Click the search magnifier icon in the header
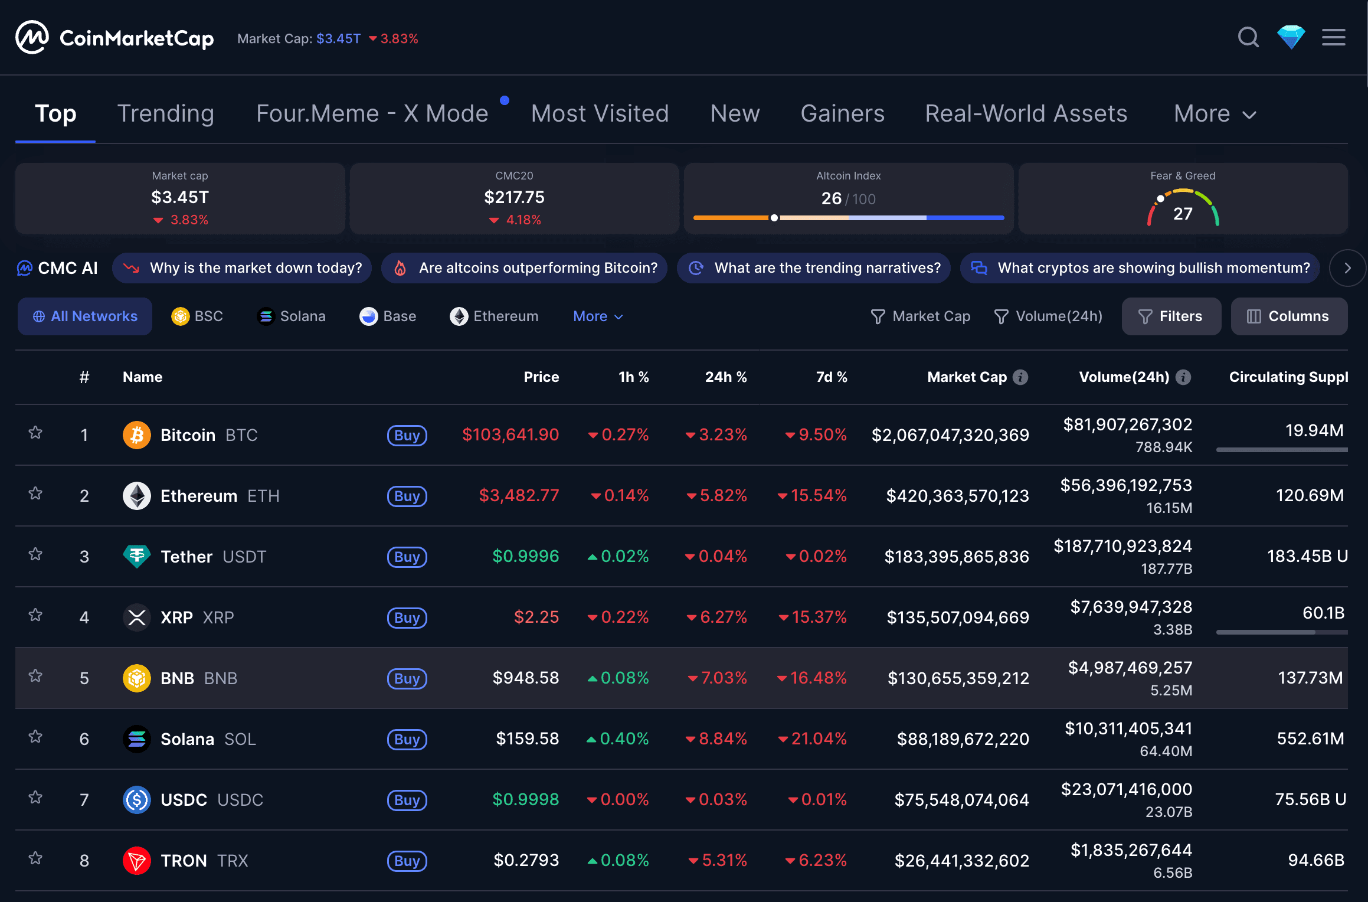point(1248,38)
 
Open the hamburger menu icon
point(1333,38)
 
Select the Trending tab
point(166,113)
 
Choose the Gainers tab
point(842,113)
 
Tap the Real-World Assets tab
point(1026,113)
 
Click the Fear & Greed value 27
point(1183,213)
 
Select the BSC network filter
point(197,316)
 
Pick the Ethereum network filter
point(494,316)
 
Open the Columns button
point(1289,316)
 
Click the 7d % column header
point(831,377)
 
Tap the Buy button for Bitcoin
point(407,436)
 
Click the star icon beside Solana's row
point(35,737)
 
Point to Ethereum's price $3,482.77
point(519,495)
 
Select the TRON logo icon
point(136,861)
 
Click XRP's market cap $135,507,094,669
point(957,617)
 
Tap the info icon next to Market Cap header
point(1020,377)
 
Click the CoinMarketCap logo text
point(136,38)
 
